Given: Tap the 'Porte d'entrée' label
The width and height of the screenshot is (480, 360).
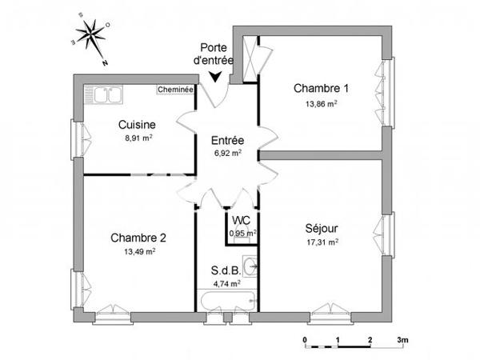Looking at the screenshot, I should [214, 53].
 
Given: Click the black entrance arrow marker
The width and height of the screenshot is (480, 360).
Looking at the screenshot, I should [214, 77].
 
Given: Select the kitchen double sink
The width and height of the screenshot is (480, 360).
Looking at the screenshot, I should [106, 94].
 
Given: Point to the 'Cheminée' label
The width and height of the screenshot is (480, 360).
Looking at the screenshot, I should [175, 90].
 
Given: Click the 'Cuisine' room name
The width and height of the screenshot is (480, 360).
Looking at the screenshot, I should [137, 125].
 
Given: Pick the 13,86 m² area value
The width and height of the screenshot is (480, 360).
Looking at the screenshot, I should [321, 103].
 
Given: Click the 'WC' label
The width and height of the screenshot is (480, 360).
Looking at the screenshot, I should [241, 221].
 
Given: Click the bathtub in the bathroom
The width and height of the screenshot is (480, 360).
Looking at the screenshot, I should [227, 302].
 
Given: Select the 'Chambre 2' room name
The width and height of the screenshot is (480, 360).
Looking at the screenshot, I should [138, 237].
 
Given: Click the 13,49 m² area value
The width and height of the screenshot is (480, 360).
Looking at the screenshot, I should [138, 251].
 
